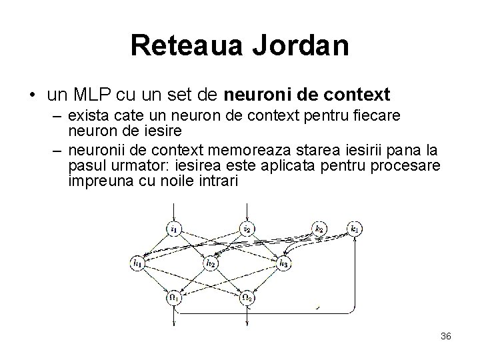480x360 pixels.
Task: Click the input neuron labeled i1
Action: (174, 230)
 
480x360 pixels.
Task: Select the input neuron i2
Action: (247, 230)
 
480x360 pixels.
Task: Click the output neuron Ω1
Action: (174, 298)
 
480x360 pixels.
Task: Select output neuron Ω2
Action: (247, 298)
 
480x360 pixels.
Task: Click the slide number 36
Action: (446, 336)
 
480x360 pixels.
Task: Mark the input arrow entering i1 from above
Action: (174, 213)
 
